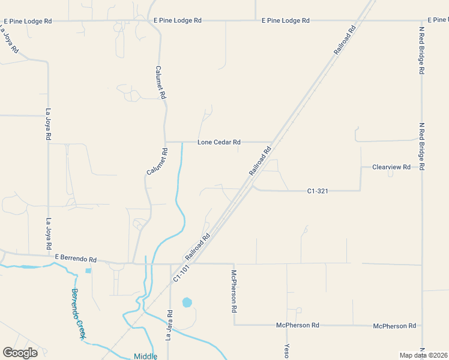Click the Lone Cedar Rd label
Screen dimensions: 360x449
click(219, 142)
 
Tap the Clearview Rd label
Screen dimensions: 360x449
click(391, 167)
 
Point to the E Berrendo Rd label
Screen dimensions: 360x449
click(76, 259)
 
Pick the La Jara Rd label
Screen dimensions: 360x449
click(170, 325)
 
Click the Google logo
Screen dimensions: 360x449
click(20, 352)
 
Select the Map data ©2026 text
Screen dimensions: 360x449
click(423, 355)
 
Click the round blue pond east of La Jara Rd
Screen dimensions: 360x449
click(187, 302)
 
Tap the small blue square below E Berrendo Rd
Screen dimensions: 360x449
click(89, 271)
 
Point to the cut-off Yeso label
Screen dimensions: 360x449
click(287, 350)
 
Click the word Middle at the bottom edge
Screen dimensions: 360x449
click(145, 356)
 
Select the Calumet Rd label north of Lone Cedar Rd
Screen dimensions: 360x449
click(160, 82)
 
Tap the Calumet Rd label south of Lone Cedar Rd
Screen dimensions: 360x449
click(157, 161)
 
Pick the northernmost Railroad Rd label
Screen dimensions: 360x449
click(345, 41)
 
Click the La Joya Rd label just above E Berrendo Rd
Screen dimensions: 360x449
click(49, 234)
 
